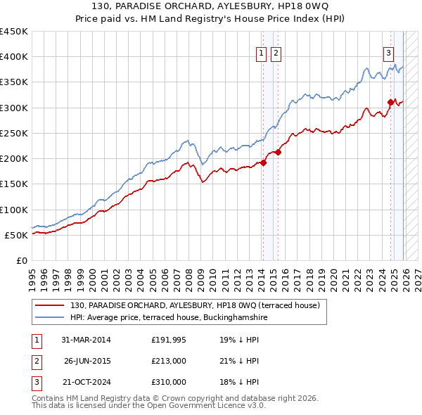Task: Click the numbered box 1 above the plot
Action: point(261,53)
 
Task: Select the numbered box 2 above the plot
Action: point(275,53)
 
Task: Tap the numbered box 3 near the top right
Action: point(388,53)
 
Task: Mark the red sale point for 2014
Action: point(263,162)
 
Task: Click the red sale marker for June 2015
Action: point(279,152)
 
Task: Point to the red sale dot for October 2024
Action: point(390,102)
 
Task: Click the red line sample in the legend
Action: point(51,305)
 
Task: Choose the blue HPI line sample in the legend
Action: point(51,318)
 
